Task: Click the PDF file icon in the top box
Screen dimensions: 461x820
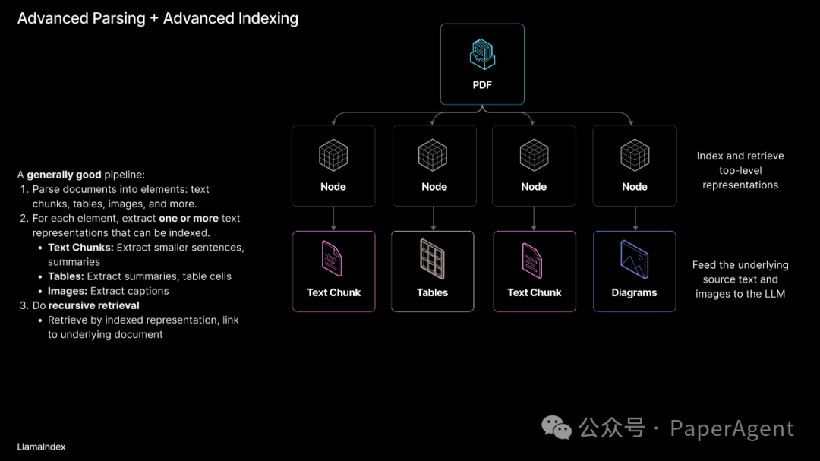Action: (482, 54)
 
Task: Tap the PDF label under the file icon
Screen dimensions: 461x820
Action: (482, 84)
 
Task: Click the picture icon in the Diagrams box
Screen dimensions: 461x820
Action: (634, 258)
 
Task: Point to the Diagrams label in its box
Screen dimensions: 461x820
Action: (634, 292)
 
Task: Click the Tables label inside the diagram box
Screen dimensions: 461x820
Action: (433, 292)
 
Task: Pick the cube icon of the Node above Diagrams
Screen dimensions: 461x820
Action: (634, 155)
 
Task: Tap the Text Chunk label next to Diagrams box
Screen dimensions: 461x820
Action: (535, 292)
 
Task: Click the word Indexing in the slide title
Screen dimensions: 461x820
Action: (265, 18)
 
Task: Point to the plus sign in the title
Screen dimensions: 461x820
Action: (154, 18)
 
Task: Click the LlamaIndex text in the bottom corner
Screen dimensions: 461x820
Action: (41, 447)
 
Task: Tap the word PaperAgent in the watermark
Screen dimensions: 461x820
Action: (732, 429)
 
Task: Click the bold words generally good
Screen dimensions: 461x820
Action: (64, 175)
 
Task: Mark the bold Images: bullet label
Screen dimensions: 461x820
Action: (67, 291)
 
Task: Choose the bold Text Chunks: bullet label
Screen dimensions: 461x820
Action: (80, 248)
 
